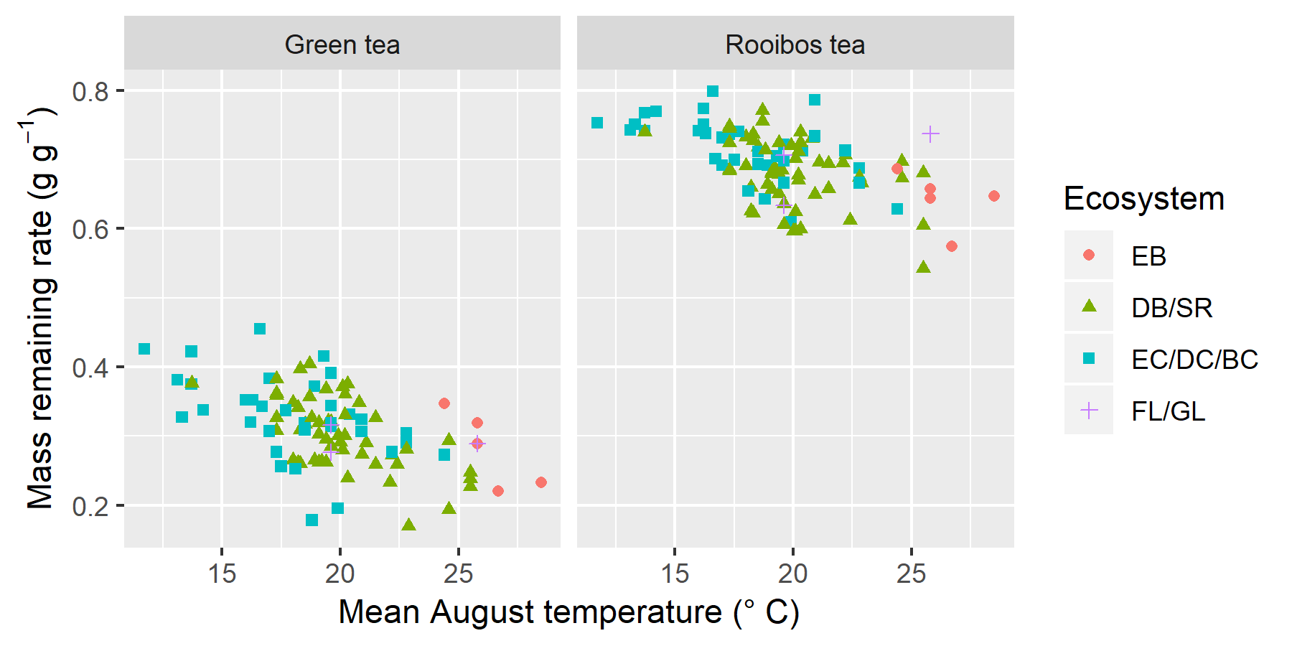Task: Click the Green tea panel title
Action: [342, 45]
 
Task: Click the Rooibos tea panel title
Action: [795, 45]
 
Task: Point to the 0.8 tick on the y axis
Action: [90, 91]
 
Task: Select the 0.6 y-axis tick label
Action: [90, 229]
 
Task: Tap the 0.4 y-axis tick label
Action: [90, 368]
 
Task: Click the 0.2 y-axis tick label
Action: [90, 506]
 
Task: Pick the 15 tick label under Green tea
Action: [222, 574]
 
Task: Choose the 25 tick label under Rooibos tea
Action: [911, 574]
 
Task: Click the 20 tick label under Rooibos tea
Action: [792, 574]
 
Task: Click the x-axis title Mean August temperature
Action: [568, 612]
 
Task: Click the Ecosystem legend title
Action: [1143, 199]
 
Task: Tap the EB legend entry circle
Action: [1089, 255]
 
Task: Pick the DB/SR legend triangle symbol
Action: [1089, 306]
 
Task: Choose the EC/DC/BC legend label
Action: [1194, 360]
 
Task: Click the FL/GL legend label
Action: [1168, 411]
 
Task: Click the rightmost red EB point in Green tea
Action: [541, 482]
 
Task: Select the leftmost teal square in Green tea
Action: [144, 349]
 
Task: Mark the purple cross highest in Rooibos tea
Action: [930, 134]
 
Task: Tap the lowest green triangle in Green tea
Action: [408, 525]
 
